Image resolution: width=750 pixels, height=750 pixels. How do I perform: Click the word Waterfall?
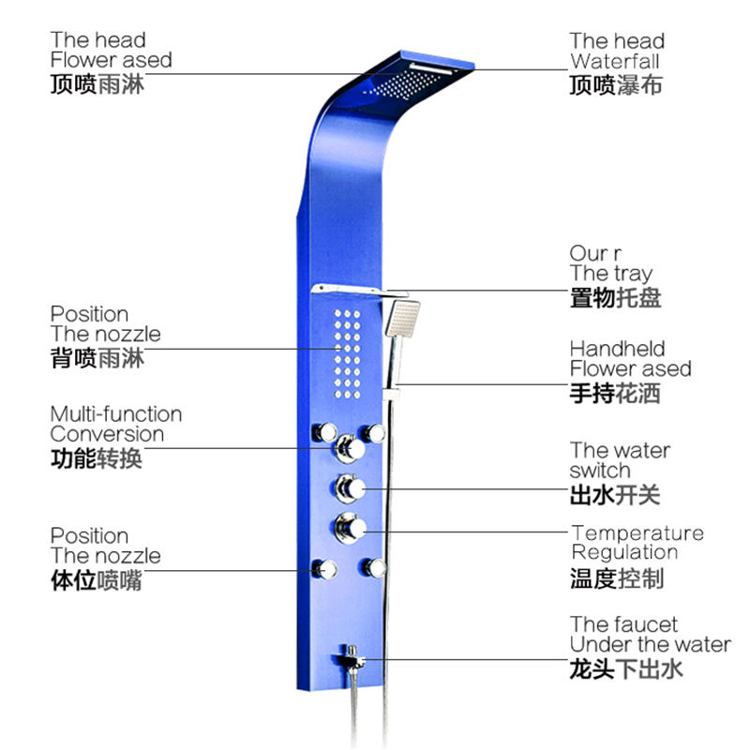pos(614,62)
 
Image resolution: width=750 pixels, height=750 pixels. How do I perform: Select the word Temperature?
pos(637,533)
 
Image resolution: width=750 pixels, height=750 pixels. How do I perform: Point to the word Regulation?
pos(624,552)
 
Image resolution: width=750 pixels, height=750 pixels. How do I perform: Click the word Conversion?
pos(107,434)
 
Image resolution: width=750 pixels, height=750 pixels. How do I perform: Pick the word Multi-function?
pos(116,414)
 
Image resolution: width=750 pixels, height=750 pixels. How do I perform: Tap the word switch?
pos(600,471)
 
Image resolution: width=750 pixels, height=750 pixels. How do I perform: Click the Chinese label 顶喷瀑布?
pos(616,85)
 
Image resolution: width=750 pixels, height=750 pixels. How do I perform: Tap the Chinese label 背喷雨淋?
pos(97,357)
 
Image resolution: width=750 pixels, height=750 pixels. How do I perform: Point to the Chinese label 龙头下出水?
pos(626,668)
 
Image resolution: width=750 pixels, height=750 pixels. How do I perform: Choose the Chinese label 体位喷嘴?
pos(97,579)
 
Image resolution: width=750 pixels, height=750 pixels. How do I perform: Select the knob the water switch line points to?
pos(351,487)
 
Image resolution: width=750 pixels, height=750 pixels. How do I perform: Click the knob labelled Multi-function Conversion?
pos(350,447)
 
